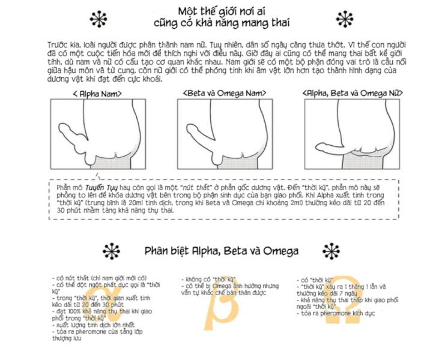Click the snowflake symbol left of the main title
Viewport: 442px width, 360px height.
pyautogui.click(x=98, y=19)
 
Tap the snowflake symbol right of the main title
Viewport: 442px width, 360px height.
pyautogui.click(x=345, y=19)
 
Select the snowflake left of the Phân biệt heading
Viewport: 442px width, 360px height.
pyautogui.click(x=111, y=251)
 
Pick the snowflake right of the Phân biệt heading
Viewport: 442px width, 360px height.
pyautogui.click(x=331, y=251)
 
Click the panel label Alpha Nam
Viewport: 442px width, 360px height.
pyautogui.click(x=97, y=94)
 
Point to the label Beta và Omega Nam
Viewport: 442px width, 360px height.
pyautogui.click(x=225, y=93)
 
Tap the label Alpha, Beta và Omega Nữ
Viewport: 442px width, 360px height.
pyautogui.click(x=353, y=93)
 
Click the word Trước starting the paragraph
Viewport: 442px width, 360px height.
pyautogui.click(x=57, y=45)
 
